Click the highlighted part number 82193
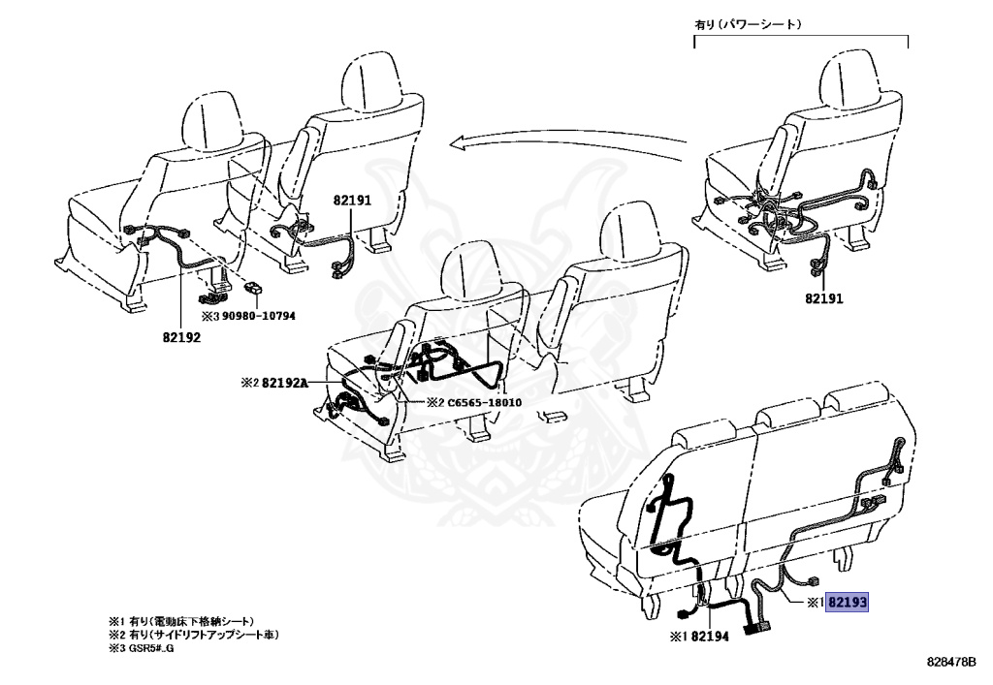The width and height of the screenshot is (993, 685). [847, 602]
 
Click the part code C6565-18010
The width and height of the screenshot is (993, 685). [485, 402]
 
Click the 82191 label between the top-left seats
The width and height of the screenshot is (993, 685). [352, 200]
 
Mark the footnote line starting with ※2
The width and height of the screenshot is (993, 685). [193, 634]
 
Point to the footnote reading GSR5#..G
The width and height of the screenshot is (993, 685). [146, 647]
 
